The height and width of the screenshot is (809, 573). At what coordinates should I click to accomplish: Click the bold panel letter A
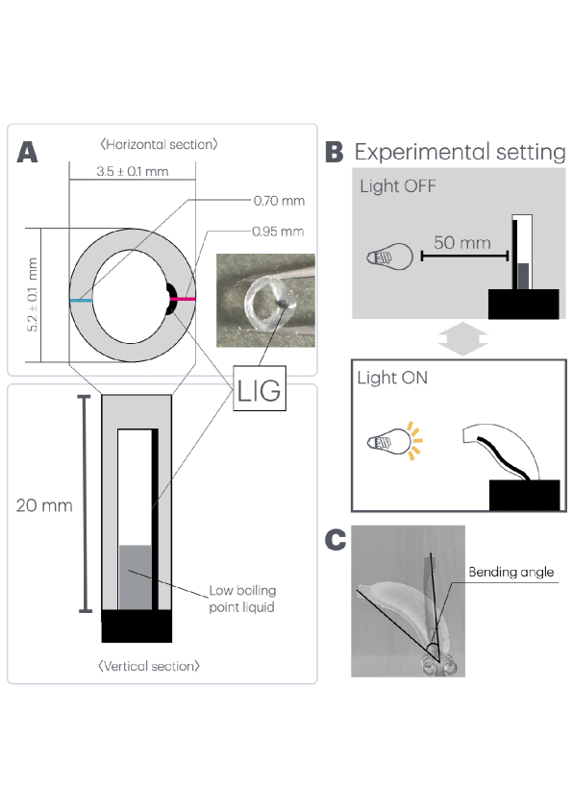tap(27, 152)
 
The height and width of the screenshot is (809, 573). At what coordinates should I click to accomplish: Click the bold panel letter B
tap(334, 152)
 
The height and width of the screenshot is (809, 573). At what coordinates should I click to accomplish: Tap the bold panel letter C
tap(336, 540)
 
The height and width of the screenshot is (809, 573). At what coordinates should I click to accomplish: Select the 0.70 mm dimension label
tap(279, 201)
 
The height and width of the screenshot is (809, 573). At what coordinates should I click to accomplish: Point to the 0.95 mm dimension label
tap(278, 232)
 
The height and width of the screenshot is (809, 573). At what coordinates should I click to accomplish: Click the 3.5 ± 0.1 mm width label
tap(132, 171)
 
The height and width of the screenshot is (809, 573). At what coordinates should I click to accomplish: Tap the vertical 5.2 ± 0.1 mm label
tap(32, 295)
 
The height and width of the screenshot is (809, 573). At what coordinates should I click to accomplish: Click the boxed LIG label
tap(260, 389)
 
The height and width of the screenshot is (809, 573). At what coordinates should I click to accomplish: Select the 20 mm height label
tap(44, 505)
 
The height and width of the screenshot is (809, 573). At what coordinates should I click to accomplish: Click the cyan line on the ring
tap(82, 301)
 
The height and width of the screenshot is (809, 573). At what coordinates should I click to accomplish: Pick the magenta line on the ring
tap(183, 299)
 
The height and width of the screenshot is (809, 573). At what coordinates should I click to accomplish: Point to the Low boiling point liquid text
tap(242, 599)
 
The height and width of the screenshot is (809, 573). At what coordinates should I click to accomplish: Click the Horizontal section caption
tap(159, 144)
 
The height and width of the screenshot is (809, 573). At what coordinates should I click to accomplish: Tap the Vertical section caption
tap(149, 666)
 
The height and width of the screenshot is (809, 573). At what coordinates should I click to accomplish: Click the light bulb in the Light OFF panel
tap(389, 257)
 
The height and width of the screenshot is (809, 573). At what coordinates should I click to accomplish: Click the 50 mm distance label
tap(462, 242)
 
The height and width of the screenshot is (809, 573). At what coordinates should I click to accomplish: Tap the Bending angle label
tap(511, 573)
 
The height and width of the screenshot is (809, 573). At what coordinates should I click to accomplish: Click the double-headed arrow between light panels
tap(463, 339)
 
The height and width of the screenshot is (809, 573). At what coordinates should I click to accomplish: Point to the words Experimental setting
tap(460, 152)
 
